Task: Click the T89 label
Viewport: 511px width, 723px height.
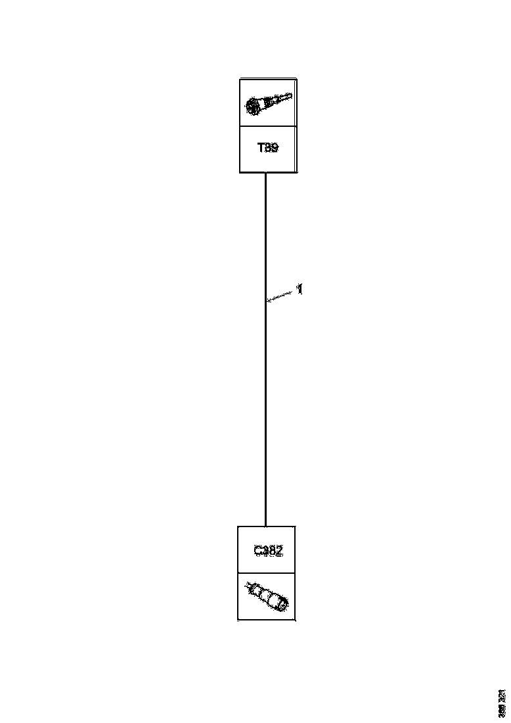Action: (267, 149)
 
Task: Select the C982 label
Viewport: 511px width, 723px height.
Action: (268, 551)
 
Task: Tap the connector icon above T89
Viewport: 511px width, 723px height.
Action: (268, 103)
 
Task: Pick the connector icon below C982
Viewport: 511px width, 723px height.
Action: (267, 597)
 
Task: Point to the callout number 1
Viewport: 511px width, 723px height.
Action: (300, 289)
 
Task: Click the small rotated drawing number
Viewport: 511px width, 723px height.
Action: (502, 703)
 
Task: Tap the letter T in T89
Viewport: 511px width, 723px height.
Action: (260, 149)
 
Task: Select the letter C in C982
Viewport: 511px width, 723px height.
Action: (258, 551)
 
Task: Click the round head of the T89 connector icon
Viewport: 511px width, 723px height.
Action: (253, 106)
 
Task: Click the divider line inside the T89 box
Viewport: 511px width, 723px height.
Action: (268, 126)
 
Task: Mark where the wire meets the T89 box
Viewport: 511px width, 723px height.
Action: (265, 174)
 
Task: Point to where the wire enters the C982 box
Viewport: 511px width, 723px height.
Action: (265, 526)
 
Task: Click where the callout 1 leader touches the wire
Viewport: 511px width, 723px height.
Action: (266, 301)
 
